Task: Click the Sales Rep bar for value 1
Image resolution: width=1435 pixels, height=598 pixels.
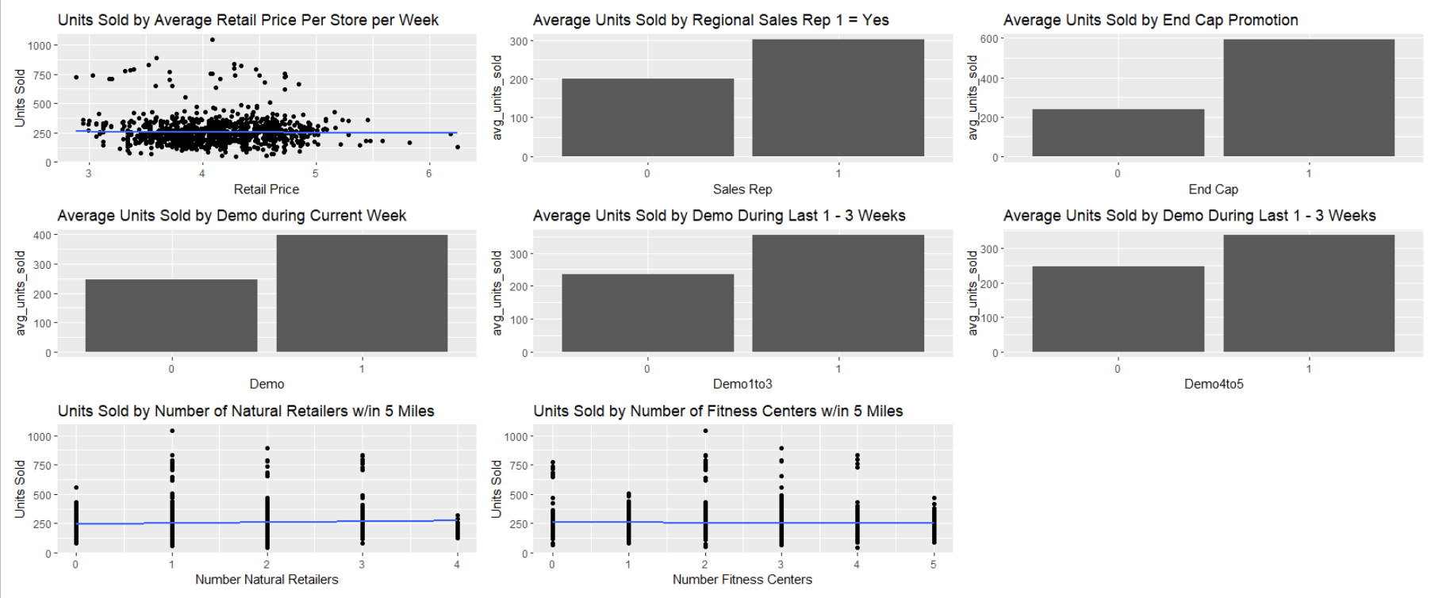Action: pos(838,98)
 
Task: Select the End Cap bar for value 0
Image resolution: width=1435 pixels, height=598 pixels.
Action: pos(1118,132)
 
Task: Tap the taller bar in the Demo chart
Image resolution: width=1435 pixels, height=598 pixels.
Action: pos(362,293)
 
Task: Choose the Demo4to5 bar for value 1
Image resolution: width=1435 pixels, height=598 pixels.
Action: pos(1308,293)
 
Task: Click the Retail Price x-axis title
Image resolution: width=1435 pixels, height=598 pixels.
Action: pos(267,189)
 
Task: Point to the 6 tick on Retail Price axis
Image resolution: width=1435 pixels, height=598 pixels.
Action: pos(429,173)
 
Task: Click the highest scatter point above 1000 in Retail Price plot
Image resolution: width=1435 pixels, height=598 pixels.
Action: pos(212,40)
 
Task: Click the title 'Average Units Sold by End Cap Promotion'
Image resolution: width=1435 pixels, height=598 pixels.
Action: pos(1150,20)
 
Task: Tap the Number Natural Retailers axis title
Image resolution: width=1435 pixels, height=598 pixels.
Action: pos(267,579)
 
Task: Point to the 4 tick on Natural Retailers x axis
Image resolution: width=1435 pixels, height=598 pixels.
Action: pos(457,564)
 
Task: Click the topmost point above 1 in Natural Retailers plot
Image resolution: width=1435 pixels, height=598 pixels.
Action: pos(171,431)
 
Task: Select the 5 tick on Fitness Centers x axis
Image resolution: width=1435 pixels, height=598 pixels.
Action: pos(933,564)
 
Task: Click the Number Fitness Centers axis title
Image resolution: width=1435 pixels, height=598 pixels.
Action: pos(742,579)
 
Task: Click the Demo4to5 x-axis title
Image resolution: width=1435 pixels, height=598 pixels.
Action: pos(1214,384)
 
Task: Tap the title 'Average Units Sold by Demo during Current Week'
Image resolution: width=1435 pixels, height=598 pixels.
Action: pos(232,216)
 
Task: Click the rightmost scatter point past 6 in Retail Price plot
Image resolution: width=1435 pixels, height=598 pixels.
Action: pos(458,147)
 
